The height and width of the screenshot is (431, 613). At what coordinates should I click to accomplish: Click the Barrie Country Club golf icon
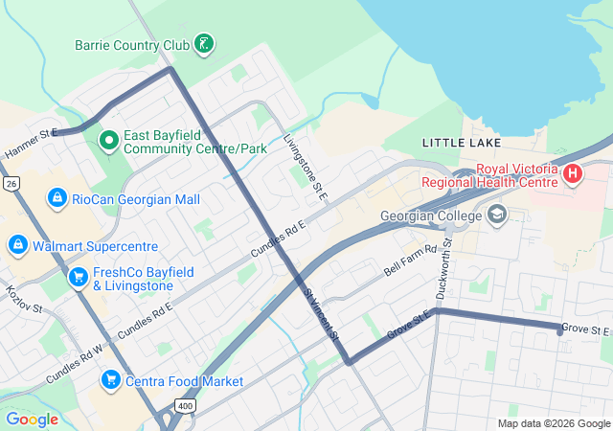point(202,43)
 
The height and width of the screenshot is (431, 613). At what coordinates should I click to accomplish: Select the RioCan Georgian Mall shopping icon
point(57,197)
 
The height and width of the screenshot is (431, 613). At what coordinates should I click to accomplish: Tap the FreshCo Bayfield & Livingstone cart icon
point(78,277)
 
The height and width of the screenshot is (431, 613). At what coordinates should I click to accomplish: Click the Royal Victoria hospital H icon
point(573,174)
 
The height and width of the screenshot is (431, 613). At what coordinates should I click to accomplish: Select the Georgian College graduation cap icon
point(496,215)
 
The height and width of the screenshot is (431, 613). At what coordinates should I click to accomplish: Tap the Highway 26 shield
point(11,182)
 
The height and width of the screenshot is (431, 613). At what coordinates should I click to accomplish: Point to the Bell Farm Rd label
point(410,257)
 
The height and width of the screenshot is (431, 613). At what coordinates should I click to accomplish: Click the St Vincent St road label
point(321,313)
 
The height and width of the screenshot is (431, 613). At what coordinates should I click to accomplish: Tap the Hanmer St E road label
point(30,145)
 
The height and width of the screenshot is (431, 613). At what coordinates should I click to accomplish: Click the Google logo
point(33,419)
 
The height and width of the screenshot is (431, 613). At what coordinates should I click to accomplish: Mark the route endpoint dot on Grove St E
point(560,330)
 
